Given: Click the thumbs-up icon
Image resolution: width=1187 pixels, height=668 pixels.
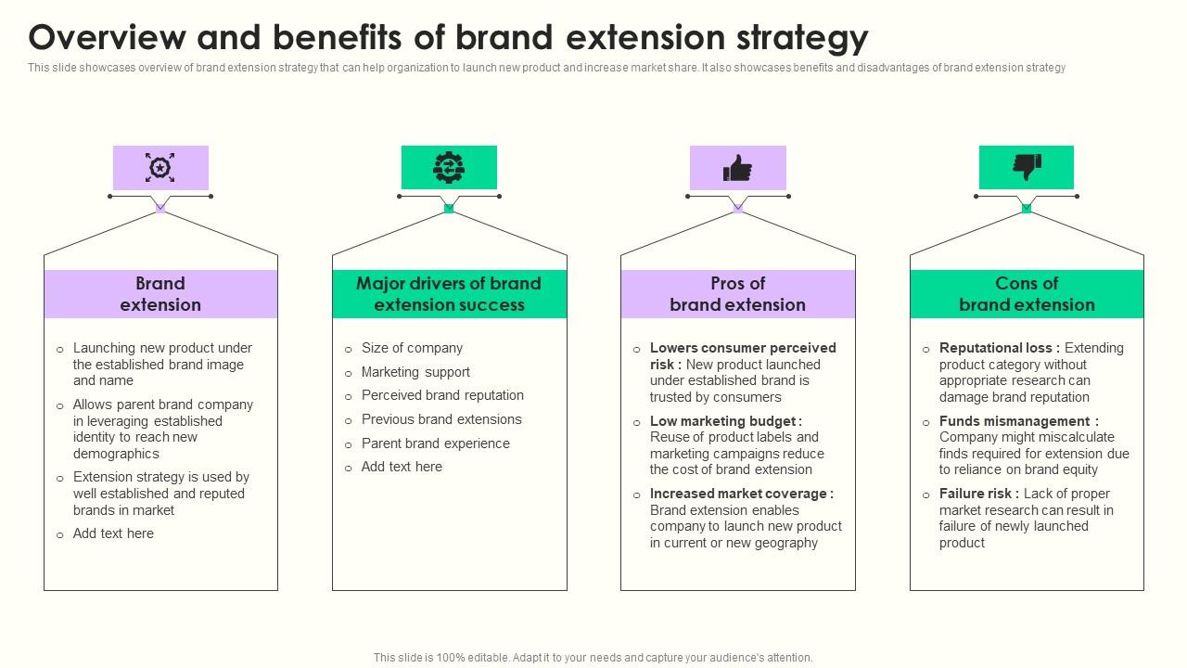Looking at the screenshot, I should coord(737,168).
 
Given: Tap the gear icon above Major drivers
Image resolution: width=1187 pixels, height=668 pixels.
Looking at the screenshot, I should coord(449,168).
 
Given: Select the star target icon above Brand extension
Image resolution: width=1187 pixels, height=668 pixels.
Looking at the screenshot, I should coord(160,168).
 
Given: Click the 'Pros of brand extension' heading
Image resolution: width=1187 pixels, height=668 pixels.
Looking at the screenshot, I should coord(737,294).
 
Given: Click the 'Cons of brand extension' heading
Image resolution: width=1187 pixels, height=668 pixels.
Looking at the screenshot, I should coord(1027,294).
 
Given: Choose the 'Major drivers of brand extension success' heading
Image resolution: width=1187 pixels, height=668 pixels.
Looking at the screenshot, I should coord(449,294).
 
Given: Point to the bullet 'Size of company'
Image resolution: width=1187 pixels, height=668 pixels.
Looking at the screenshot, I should coord(412,348).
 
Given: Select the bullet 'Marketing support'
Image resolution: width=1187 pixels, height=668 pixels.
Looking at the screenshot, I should coord(415,372).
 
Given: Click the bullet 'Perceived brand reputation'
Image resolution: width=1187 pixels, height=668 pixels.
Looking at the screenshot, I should coord(442,395).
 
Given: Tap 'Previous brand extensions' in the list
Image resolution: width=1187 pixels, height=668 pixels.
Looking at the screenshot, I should coord(441,419).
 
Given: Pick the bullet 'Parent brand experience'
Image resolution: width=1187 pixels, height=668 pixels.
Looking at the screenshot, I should coord(435,443).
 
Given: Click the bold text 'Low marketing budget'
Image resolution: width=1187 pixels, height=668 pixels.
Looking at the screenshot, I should coord(723,421).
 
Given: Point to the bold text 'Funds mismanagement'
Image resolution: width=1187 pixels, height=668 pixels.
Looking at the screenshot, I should coord(1015,421).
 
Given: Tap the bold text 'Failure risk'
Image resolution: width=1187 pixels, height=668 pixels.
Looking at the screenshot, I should coord(977,494).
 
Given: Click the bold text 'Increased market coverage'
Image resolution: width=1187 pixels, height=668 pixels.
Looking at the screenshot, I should coord(739,494).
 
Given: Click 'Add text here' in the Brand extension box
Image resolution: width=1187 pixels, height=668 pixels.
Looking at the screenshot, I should coord(113,533).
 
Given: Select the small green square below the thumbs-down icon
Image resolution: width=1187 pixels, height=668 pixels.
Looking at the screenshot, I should coord(1027,209).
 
